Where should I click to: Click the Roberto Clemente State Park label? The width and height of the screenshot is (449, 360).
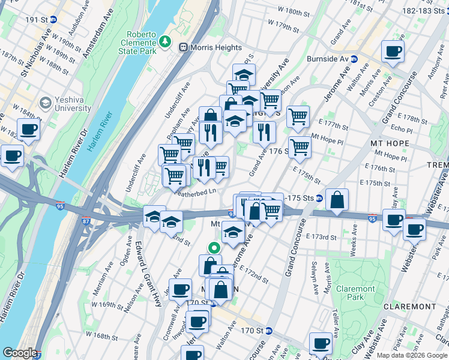coord(140,43)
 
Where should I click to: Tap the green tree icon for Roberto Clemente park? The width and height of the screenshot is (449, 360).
coord(165,42)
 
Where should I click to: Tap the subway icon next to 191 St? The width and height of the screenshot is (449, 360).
coord(53,19)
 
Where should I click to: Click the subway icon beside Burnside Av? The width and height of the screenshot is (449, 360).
coord(354,59)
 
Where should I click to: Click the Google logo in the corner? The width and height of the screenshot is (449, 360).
coord(19,353)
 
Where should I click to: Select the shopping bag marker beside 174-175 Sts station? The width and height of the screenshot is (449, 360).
coord(337,200)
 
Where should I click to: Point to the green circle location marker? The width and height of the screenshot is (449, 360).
coord(213,247)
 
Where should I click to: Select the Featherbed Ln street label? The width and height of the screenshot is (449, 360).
coord(194,192)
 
